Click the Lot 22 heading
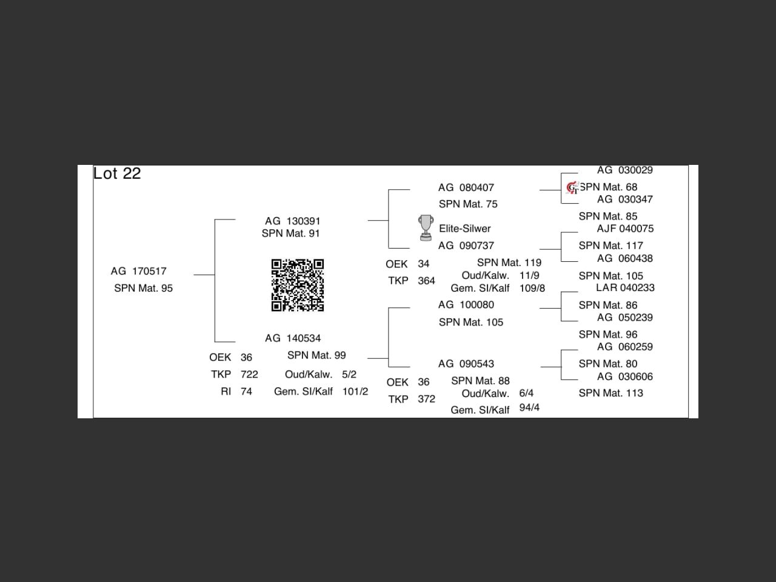(117, 173)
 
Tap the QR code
(297, 285)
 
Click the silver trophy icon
(426, 227)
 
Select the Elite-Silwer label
(464, 229)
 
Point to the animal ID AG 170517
(138, 271)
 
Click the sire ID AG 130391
(292, 221)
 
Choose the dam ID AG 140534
(293, 338)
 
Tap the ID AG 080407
(466, 187)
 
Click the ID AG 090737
(466, 246)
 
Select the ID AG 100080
(466, 304)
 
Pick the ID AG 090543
(466, 364)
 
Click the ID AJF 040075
(625, 229)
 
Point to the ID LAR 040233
(625, 287)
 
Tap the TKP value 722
(249, 374)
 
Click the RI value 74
(246, 391)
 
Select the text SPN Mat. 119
(509, 263)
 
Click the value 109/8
(532, 288)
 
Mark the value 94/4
(529, 407)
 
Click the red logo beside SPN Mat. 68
(572, 188)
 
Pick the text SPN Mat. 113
(610, 393)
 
